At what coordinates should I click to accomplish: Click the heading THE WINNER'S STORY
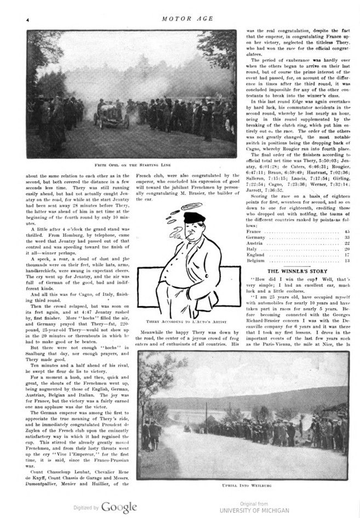coord(297,271)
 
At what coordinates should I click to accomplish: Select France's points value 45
coord(347,232)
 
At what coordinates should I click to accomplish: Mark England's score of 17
coord(347,255)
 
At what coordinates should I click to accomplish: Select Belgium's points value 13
coord(347,261)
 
